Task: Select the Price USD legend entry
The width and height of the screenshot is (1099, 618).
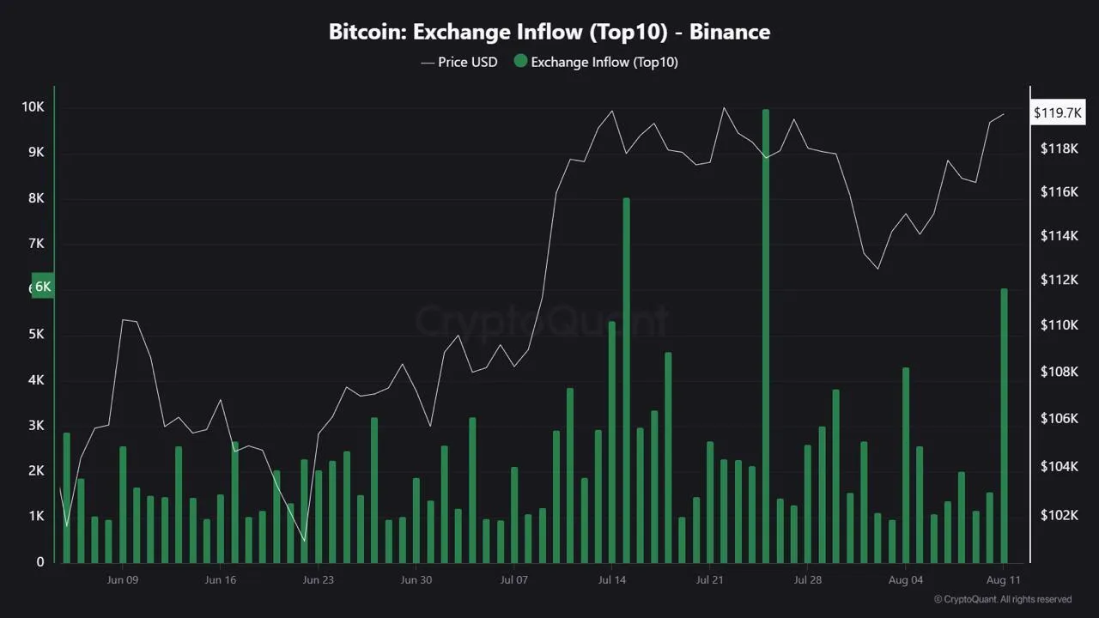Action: coord(459,62)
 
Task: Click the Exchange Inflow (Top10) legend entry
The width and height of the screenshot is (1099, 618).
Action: coord(596,62)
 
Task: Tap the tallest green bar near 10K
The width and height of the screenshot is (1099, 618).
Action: coord(766,335)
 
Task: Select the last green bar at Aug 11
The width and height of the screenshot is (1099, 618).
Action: coord(1004,425)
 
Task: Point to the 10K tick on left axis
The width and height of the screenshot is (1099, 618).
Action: coord(33,107)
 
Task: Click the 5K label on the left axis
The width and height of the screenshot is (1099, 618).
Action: coord(35,334)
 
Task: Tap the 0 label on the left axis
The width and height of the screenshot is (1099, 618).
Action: coord(40,562)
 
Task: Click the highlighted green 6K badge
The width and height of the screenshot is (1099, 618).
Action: coord(42,287)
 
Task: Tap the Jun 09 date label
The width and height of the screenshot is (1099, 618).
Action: coord(123,579)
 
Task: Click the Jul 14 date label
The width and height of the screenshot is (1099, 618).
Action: coord(612,579)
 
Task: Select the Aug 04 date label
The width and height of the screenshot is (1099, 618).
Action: coord(906,579)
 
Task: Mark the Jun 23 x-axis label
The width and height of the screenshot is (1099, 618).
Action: coord(319,579)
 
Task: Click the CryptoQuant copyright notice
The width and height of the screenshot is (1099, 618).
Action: coord(1002,599)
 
